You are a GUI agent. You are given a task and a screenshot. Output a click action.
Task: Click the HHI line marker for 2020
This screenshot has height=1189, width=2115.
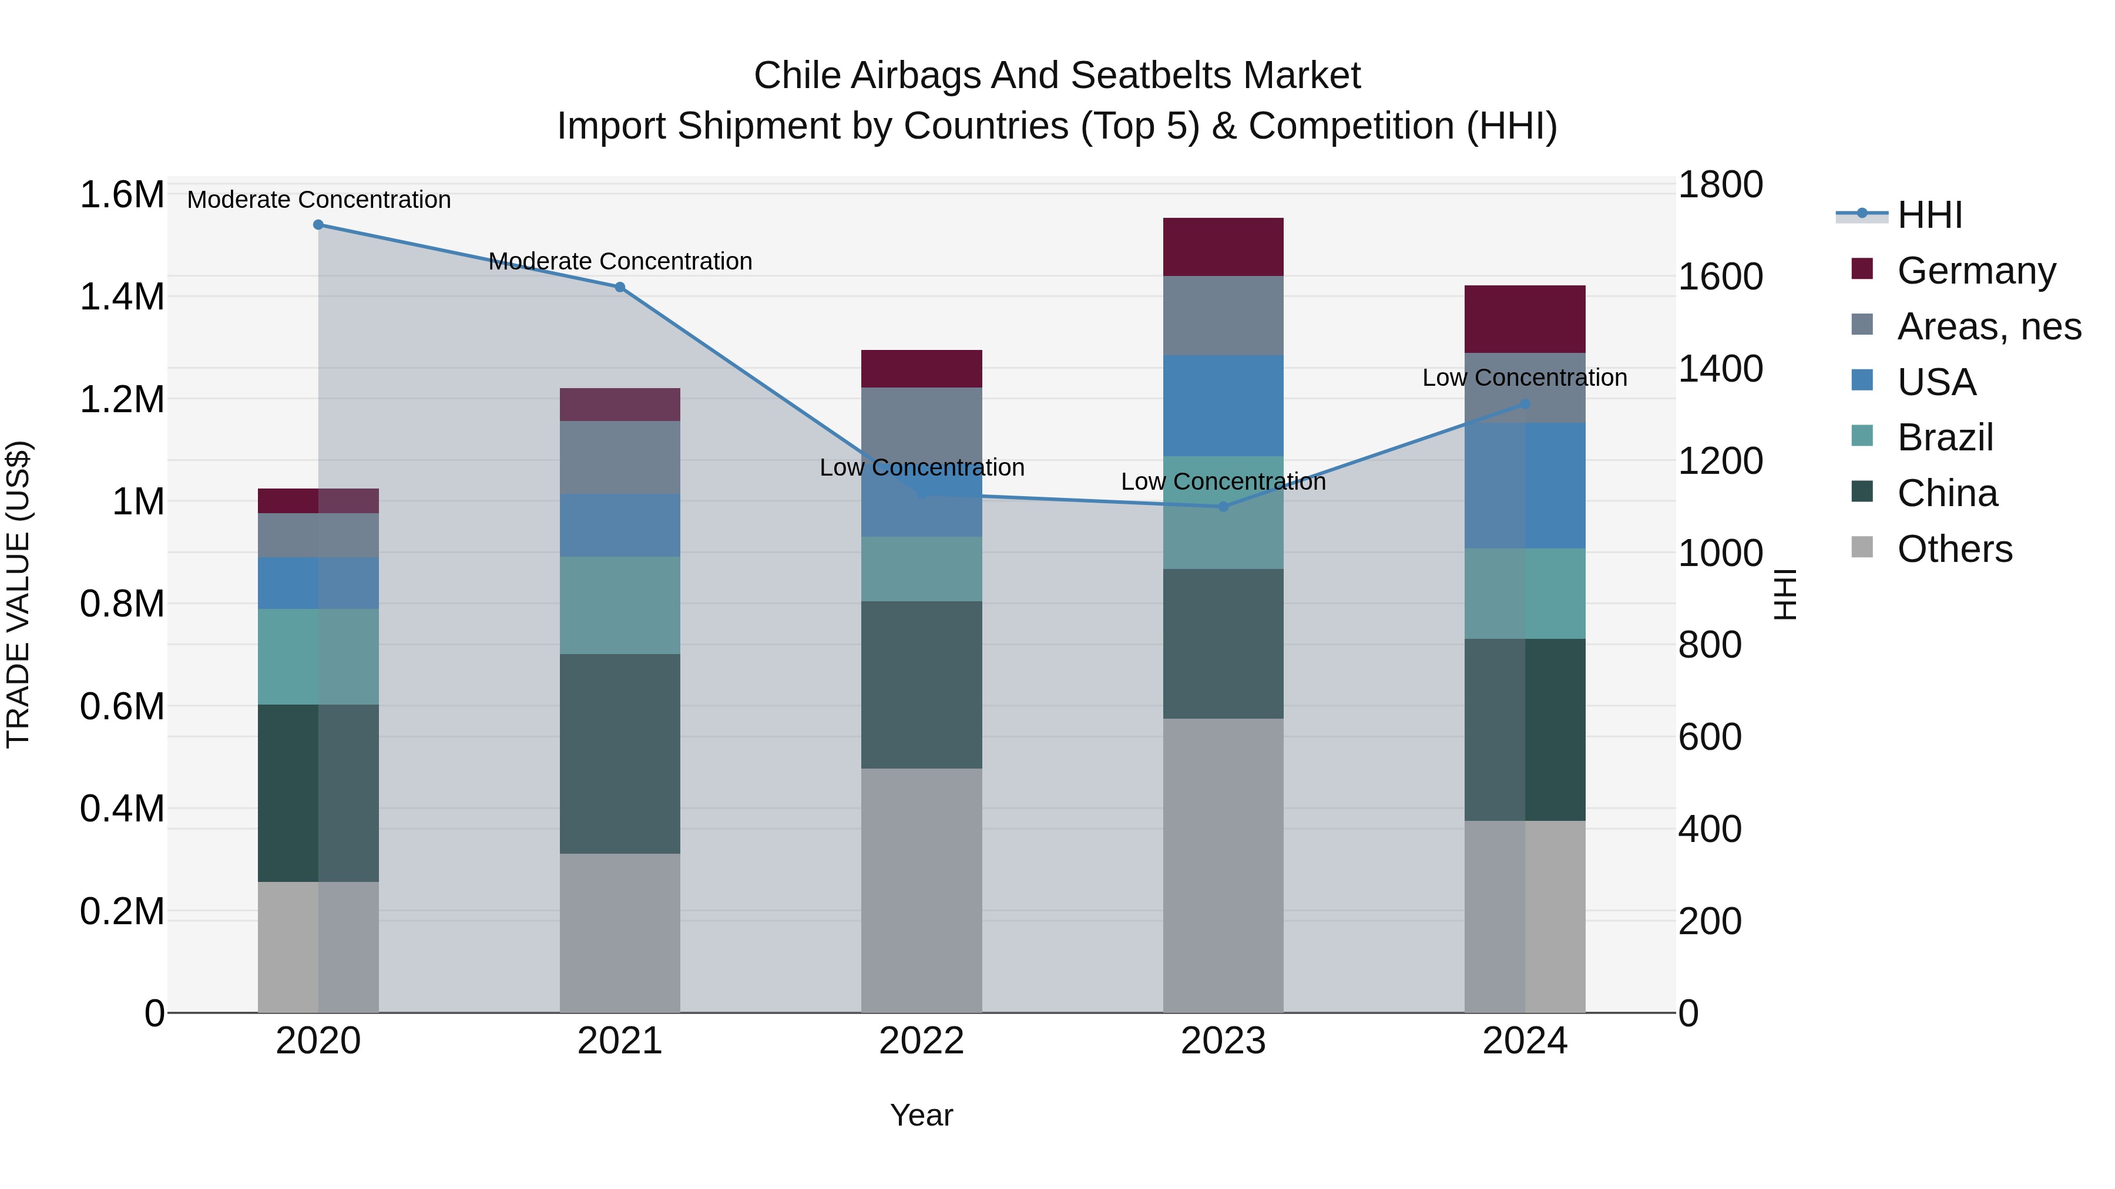[x=318, y=224]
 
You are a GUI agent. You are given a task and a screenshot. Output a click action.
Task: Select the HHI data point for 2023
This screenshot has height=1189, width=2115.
[x=1223, y=506]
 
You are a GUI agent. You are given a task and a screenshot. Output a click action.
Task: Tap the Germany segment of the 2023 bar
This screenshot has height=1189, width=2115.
[x=1223, y=246]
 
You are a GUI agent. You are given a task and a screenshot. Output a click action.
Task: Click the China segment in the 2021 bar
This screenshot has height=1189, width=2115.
[x=620, y=753]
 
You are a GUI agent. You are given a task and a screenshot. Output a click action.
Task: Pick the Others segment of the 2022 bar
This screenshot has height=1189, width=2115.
[x=921, y=890]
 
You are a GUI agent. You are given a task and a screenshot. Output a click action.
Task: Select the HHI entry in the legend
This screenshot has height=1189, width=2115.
[x=1929, y=215]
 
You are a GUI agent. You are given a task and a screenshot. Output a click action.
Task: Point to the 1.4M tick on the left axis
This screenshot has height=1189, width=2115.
[x=122, y=297]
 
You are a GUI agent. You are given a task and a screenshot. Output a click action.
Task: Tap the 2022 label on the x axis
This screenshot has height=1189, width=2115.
[x=921, y=1041]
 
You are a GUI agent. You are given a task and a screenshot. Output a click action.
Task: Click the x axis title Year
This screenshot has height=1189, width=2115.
[x=921, y=1115]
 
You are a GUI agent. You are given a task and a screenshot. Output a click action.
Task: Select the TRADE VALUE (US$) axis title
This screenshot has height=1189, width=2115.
[x=19, y=594]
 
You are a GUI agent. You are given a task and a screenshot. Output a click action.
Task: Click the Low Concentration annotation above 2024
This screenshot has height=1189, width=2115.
[x=1524, y=378]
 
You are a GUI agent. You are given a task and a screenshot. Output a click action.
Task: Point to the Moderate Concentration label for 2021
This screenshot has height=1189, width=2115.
[x=620, y=261]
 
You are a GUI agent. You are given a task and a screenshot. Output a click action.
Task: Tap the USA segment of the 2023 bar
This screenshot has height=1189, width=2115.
[x=1223, y=405]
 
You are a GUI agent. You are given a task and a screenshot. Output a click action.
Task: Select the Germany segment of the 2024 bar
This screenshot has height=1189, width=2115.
[x=1524, y=319]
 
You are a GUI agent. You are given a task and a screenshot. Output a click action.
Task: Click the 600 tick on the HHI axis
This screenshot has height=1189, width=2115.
[x=1710, y=737]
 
